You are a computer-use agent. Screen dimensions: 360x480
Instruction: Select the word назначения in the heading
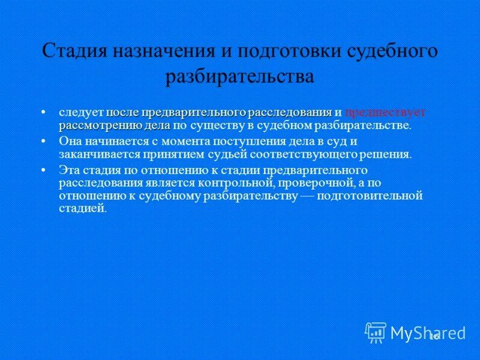tap(158, 50)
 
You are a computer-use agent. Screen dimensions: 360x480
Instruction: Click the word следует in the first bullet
tap(82, 112)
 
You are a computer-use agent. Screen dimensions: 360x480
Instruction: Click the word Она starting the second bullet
tap(69, 142)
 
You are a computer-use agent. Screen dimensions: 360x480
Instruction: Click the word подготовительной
tap(370, 196)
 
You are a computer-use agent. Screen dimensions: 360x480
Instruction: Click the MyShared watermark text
tap(427, 332)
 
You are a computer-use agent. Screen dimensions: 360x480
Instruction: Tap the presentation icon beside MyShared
tap(376, 332)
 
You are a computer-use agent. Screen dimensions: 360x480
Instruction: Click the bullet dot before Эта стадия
tap(50, 170)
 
